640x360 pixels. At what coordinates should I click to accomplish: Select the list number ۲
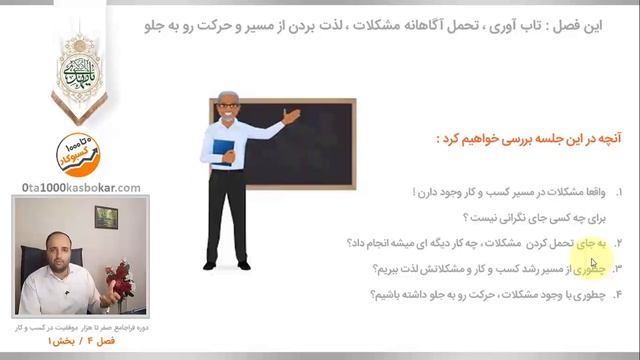click(618, 243)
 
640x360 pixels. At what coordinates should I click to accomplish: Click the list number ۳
click(618, 269)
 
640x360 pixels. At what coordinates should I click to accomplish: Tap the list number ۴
click(618, 295)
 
